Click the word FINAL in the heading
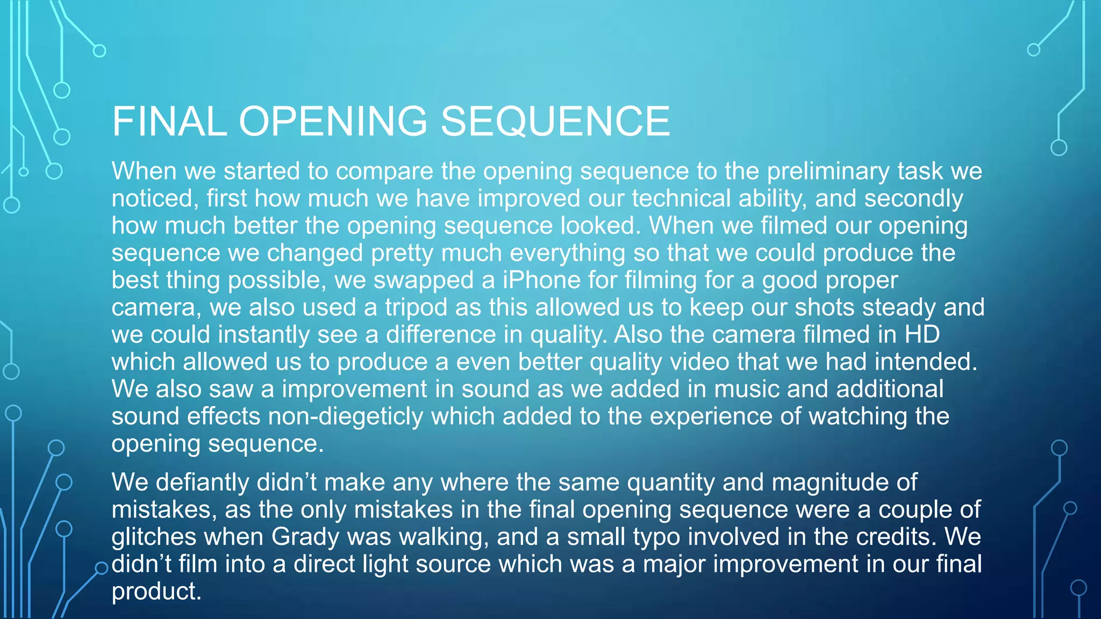169,121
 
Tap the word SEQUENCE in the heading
555,121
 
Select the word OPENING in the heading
333,121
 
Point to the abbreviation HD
922,334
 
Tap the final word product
156,592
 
